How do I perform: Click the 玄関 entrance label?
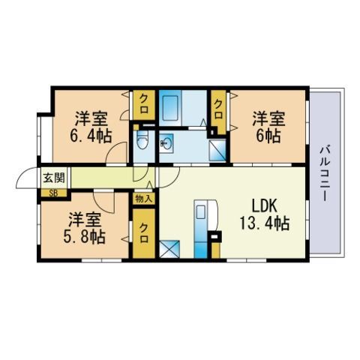[x=54, y=178]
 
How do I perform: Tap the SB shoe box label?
[x=52, y=193]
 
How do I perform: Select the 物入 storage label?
[x=143, y=199]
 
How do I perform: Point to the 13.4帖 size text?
[x=265, y=223]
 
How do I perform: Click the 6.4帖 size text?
[x=90, y=136]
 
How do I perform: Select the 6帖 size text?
[x=268, y=136]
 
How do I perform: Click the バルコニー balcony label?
[x=325, y=172]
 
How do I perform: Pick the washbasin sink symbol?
[x=166, y=143]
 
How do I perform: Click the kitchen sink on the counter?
[x=200, y=211]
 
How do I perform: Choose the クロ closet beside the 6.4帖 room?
[x=143, y=105]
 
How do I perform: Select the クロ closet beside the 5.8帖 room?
[x=144, y=233]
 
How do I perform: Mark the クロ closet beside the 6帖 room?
[x=218, y=110]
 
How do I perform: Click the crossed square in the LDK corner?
[x=169, y=249]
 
